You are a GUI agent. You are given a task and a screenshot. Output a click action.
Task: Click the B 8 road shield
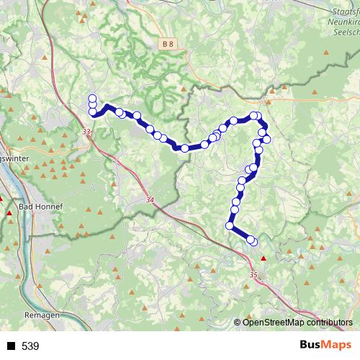click(168, 45)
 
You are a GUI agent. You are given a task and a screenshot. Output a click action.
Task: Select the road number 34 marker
click(150, 200)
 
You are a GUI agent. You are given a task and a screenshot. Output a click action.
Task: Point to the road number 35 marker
click(253, 274)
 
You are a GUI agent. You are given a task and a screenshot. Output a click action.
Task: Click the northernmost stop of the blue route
click(92, 99)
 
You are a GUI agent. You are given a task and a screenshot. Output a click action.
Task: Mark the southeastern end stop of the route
click(252, 241)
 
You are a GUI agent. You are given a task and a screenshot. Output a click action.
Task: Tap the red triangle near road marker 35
click(264, 258)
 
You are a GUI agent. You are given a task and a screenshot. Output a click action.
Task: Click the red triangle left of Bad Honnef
click(9, 213)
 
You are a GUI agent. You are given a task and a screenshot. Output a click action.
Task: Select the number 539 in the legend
click(30, 346)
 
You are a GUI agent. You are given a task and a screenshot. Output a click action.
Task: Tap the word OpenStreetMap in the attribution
click(271, 322)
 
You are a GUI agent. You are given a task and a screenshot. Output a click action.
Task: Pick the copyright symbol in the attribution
click(238, 322)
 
